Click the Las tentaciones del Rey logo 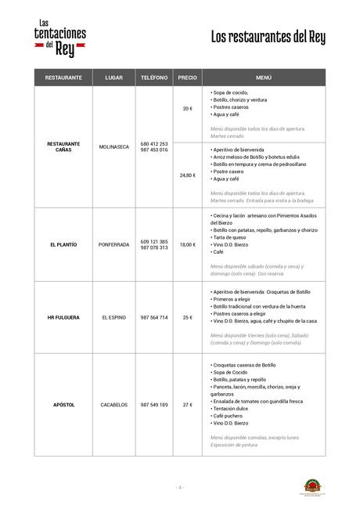(60, 37)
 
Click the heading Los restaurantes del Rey (268, 38)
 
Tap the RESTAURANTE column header (64, 78)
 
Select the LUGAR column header (113, 78)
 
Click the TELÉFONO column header (153, 78)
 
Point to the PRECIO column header (187, 78)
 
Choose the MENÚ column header (263, 78)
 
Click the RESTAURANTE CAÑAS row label (64, 146)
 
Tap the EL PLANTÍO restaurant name (64, 244)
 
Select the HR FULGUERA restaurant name (64, 317)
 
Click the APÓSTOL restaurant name (64, 404)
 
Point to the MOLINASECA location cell (113, 146)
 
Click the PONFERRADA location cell (113, 244)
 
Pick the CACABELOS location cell (113, 404)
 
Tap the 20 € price (187, 108)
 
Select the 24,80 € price (187, 175)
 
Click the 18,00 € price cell (187, 244)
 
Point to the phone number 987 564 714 (153, 317)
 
